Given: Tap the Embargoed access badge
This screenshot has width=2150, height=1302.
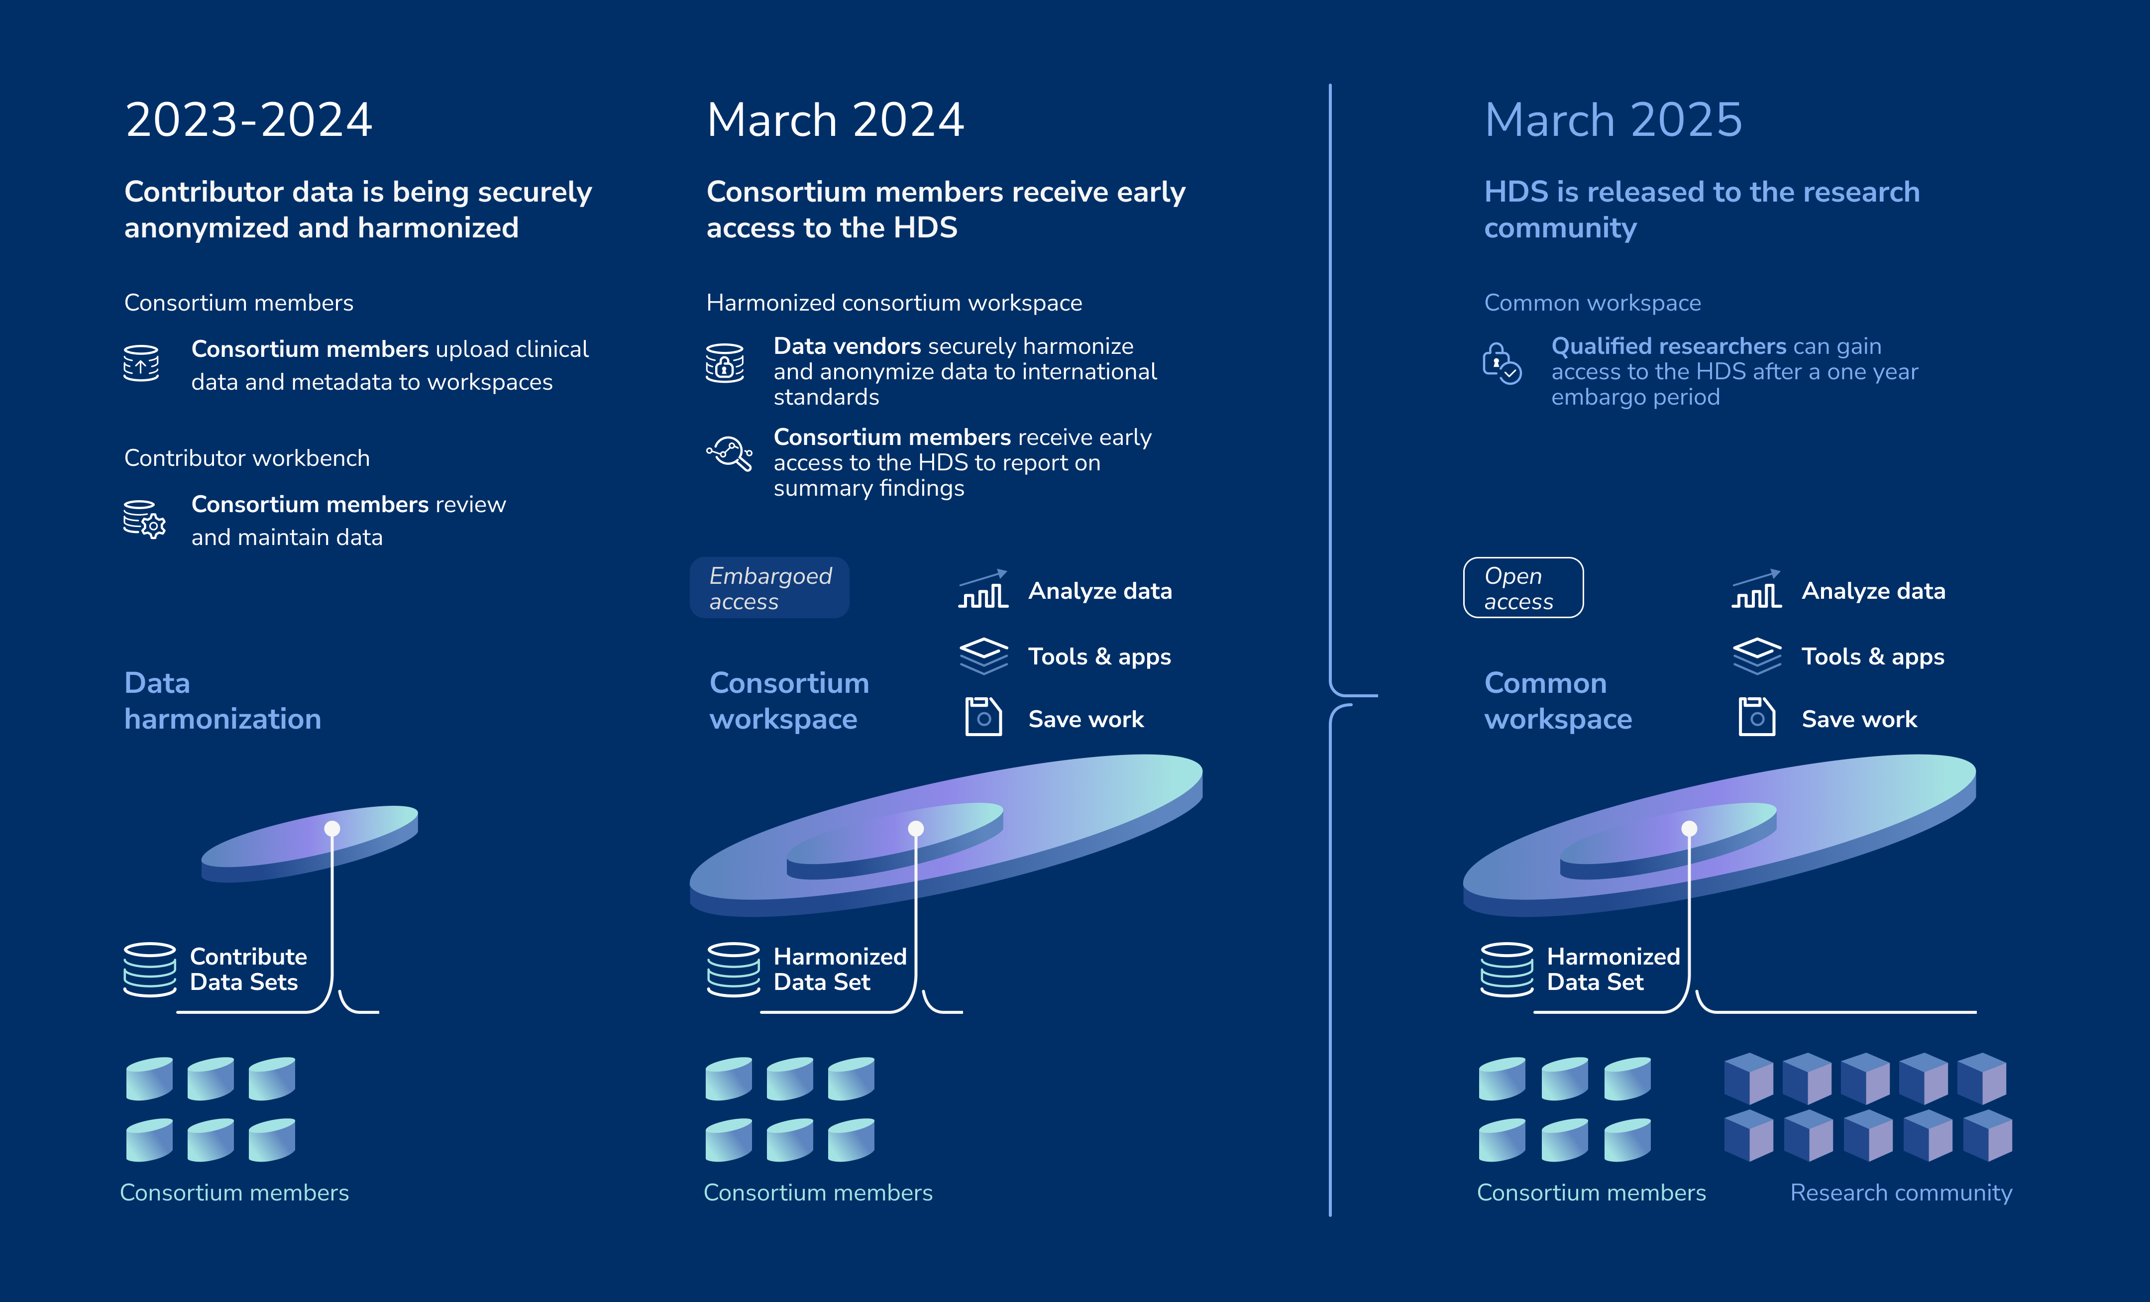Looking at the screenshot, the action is [x=769, y=588].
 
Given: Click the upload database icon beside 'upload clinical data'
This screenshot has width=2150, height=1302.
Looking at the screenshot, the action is [x=141, y=363].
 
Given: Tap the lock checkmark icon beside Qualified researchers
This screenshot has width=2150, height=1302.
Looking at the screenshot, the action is [x=1502, y=364].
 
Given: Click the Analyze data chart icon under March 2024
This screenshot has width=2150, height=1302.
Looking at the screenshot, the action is [x=983, y=589].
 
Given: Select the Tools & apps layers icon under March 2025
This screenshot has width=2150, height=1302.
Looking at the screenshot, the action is [x=1756, y=656].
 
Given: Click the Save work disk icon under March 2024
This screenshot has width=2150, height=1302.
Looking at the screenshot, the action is [x=983, y=717].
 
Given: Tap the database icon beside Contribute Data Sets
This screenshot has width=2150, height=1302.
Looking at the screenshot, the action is [x=150, y=970].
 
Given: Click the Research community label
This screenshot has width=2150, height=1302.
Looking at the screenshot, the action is [x=1901, y=1193].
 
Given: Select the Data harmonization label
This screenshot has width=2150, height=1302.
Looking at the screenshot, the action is [x=222, y=701].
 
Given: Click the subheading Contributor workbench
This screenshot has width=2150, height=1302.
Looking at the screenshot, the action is [x=247, y=458].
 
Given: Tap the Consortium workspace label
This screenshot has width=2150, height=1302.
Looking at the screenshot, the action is [x=789, y=701].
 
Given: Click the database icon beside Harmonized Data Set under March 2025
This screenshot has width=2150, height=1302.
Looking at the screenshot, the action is [x=1507, y=970].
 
